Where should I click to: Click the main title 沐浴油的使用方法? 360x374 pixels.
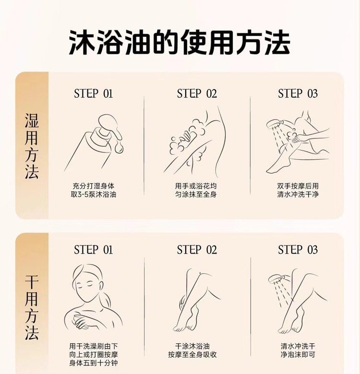coord(180,42)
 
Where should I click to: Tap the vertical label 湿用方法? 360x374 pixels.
coord(32,146)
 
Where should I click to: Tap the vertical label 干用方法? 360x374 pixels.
coord(32,307)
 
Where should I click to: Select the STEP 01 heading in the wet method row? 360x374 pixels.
coord(93,93)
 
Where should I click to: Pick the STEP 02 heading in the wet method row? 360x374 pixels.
coord(197,93)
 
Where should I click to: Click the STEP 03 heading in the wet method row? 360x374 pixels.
coord(298,93)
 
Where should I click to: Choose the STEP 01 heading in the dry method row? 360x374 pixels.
coord(93,250)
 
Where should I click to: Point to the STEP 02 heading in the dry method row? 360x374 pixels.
coord(197,250)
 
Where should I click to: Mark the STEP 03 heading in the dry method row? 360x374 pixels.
coord(298,250)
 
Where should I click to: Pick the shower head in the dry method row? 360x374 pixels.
coord(276,279)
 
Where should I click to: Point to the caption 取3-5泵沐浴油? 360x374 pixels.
coord(94,194)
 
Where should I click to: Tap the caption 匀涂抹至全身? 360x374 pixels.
coord(196,194)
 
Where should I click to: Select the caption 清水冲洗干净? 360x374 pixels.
coord(298,194)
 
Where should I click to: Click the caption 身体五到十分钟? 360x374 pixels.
coord(94,363)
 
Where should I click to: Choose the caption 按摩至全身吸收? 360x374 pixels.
coord(192,355)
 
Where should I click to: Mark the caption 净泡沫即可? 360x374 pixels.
coord(298,355)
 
